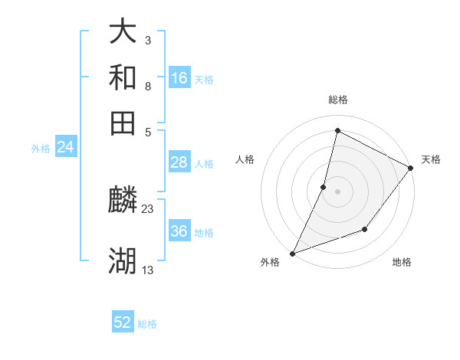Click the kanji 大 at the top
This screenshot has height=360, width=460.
click(x=123, y=31)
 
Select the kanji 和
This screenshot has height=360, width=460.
click(x=123, y=77)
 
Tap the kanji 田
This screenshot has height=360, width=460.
click(x=123, y=123)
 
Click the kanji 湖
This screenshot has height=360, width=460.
click(x=123, y=260)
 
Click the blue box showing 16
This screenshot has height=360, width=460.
click(x=179, y=78)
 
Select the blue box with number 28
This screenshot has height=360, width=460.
click(x=179, y=162)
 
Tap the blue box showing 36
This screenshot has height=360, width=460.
click(x=179, y=231)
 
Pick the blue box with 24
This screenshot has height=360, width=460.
click(x=65, y=147)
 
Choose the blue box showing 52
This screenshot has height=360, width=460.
click(x=123, y=322)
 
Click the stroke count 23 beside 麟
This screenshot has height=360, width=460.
click(x=148, y=208)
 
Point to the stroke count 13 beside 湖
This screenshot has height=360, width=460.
click(x=148, y=270)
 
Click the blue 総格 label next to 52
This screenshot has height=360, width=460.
click(x=148, y=324)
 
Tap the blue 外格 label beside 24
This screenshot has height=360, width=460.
click(x=41, y=149)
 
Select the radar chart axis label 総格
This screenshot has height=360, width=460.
click(x=337, y=100)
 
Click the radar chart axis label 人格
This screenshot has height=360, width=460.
click(x=245, y=159)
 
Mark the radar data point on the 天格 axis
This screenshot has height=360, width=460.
click(x=411, y=169)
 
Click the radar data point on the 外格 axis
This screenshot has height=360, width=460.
click(x=292, y=253)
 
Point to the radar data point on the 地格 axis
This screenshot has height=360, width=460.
click(x=365, y=229)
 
